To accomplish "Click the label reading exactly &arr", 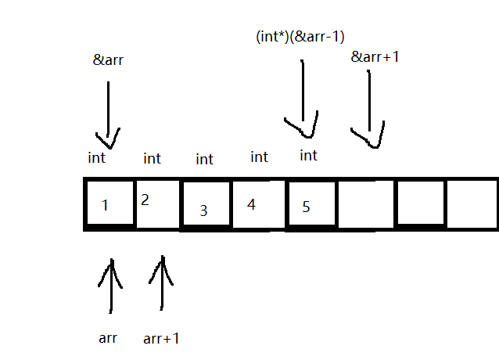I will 108,60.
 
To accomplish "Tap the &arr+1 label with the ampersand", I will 375,56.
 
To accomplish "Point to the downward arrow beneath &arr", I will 108,113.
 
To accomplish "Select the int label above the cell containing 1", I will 97,158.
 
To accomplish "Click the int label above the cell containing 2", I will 153,159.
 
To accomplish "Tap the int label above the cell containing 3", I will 204,160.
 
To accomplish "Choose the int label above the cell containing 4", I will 259,157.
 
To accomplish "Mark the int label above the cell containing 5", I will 309,156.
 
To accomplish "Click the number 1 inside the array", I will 105,206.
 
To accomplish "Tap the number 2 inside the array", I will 145,200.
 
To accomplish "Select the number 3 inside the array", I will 203,210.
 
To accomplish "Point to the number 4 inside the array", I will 251,204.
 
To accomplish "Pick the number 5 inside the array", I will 306,207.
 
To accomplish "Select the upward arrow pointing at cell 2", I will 163,283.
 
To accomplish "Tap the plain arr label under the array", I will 108,338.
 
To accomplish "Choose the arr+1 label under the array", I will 162,339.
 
